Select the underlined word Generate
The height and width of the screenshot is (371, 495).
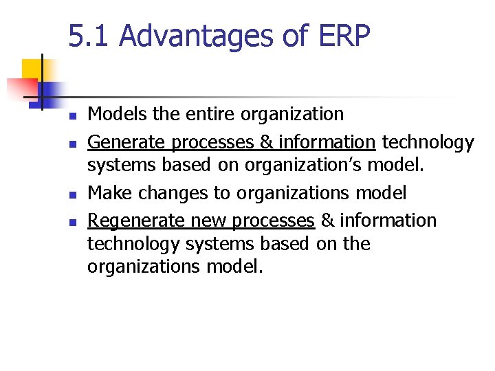(x=126, y=143)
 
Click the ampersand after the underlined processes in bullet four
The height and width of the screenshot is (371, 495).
(x=329, y=221)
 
